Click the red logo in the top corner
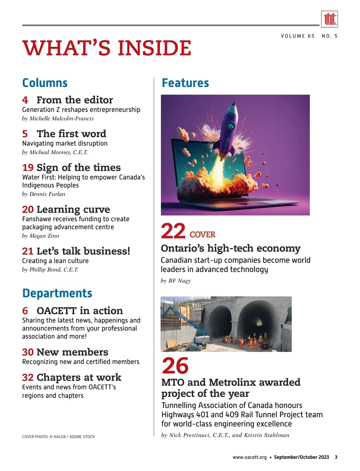329,19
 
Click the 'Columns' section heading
45,83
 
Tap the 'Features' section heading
185,83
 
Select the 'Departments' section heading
57,293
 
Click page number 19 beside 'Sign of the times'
28,168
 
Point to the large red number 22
173,231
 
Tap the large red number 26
175,365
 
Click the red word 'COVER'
202,234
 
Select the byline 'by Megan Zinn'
40,236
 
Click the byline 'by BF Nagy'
176,281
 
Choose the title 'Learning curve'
73,209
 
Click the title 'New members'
72,352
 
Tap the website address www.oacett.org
249,457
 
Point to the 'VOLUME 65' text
298,36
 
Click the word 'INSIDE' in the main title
154,48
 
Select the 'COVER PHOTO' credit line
58,437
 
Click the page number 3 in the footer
336,457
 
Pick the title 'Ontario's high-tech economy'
230,248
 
